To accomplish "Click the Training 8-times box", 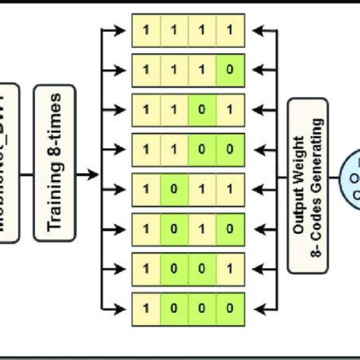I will pyautogui.click(x=54, y=172).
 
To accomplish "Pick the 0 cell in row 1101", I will pyautogui.click(x=202, y=106).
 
